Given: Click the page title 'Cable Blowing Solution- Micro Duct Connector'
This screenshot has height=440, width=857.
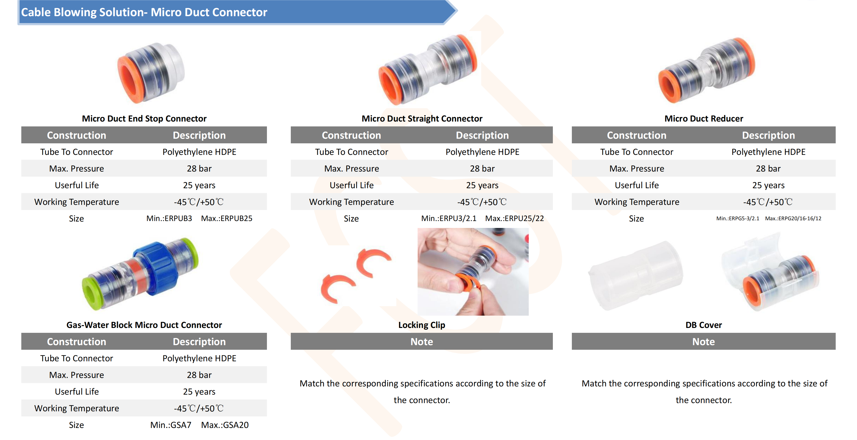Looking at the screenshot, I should pos(144,12).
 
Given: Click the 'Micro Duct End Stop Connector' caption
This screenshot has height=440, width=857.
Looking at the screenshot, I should pos(144,119).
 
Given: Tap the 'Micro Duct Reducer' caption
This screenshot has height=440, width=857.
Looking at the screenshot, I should pos(703,119).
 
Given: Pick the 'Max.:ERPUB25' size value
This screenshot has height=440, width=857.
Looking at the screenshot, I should pos(227,218).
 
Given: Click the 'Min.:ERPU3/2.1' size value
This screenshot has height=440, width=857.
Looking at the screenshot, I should pos(448,218).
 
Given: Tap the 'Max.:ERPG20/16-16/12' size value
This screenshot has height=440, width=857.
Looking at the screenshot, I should pos(793,218).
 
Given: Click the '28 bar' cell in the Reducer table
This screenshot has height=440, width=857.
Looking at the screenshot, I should pos(768,168).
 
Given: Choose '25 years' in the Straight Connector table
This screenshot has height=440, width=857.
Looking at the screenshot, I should pos(482,185).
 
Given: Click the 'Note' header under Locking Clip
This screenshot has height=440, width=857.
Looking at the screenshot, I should pos(421,341).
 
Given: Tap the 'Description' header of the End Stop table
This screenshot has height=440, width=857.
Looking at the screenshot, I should pos(199,135).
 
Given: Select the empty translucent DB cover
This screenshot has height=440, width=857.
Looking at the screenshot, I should pos(635,276).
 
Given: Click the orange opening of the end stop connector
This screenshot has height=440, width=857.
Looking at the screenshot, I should pos(130,80).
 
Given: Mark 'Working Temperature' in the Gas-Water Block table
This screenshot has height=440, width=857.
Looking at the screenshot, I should pos(76,408).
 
